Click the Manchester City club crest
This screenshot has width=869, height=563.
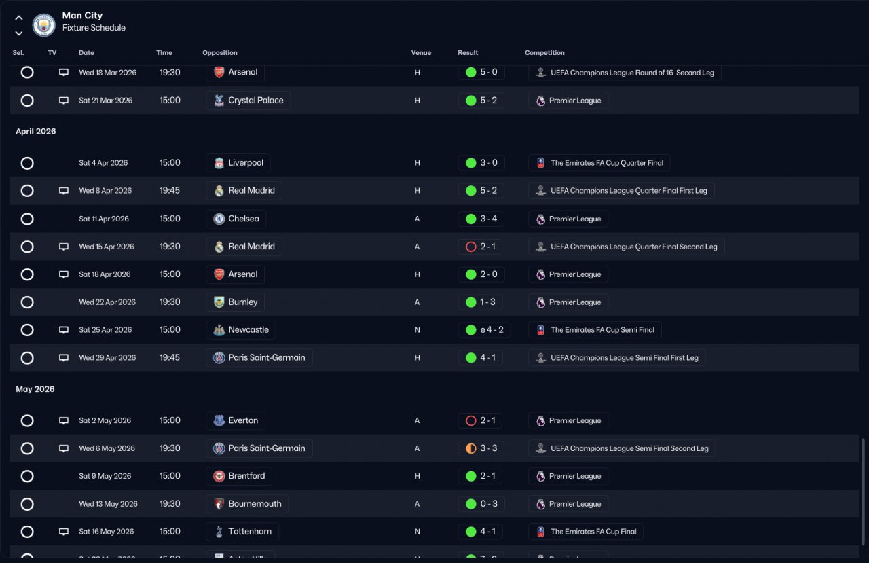tap(43, 24)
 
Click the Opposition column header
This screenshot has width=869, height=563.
tap(220, 53)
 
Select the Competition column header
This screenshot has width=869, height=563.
tap(544, 53)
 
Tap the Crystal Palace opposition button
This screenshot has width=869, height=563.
tap(248, 101)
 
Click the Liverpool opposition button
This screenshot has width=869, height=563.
tap(238, 163)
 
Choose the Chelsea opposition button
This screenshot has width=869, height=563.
tap(236, 219)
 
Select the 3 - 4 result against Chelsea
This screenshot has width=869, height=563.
tap(481, 219)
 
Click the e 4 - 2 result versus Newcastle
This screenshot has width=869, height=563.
tap(485, 330)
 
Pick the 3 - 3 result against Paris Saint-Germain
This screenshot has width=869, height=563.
tap(481, 448)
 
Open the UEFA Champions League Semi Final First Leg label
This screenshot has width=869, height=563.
tap(616, 358)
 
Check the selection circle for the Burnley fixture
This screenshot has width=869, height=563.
tap(27, 302)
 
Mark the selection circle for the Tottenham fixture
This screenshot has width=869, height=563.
tap(27, 532)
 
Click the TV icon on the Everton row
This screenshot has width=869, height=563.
tap(64, 421)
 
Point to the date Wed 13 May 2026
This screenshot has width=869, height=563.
tap(108, 504)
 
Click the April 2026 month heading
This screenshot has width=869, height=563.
tap(36, 132)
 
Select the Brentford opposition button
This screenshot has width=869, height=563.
tap(239, 476)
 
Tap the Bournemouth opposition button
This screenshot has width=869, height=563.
tap(247, 504)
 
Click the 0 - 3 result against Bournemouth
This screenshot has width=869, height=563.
tap(481, 504)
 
